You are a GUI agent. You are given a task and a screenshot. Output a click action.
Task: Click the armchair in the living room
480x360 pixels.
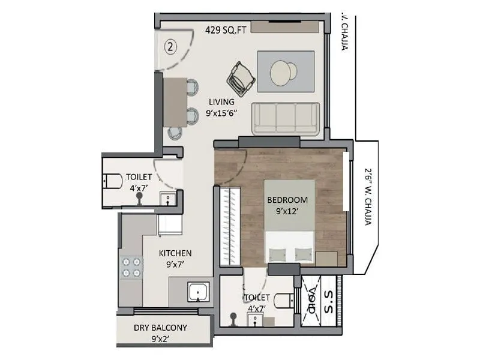click(x=241, y=78)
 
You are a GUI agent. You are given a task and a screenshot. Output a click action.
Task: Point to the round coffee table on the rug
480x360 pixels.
click(x=283, y=73)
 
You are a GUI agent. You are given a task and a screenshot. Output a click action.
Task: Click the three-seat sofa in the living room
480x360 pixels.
click(x=286, y=119)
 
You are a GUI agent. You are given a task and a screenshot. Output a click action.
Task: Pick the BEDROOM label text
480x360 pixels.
click(x=287, y=200)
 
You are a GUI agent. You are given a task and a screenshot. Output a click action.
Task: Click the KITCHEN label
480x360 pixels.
click(x=175, y=253)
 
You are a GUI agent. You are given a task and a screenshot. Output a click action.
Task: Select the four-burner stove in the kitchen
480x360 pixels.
click(x=131, y=267)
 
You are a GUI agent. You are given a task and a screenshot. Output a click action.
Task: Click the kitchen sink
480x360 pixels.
click(x=197, y=293)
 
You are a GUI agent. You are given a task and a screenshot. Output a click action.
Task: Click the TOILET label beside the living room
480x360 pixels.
click(x=139, y=177)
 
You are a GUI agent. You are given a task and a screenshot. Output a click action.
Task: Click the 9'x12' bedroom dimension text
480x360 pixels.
click(x=287, y=211)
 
